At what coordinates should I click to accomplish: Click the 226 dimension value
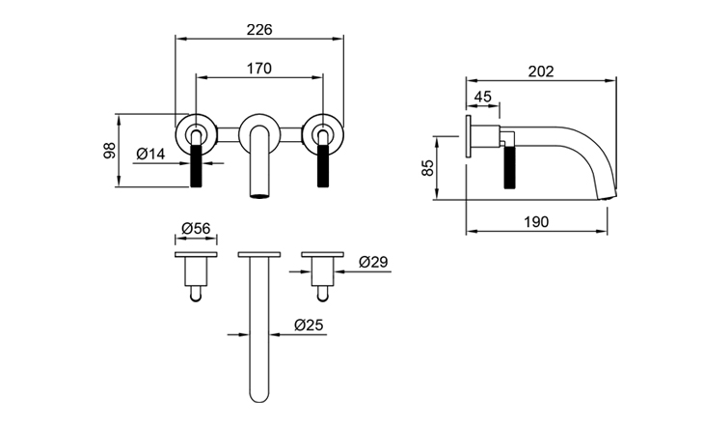click(259, 29)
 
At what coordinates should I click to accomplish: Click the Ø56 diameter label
click(196, 228)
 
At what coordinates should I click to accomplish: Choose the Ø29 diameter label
click(372, 262)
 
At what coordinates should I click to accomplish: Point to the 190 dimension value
click(537, 221)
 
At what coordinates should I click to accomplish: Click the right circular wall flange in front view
click(321, 131)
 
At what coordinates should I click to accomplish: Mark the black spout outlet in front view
click(259, 196)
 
